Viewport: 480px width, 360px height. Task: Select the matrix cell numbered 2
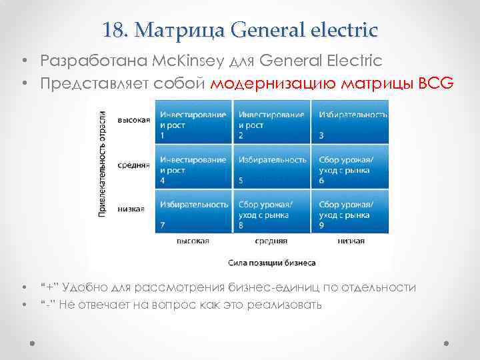272,122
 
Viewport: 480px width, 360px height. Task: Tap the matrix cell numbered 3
351,122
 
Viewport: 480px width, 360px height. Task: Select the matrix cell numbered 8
272,211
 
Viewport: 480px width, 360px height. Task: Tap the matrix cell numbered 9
351,211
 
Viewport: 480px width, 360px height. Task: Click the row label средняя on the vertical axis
133,165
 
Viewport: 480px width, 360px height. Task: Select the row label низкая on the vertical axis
131,208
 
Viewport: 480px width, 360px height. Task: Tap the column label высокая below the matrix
193,241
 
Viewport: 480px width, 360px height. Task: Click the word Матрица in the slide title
175,30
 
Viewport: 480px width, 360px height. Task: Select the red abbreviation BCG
437,85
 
